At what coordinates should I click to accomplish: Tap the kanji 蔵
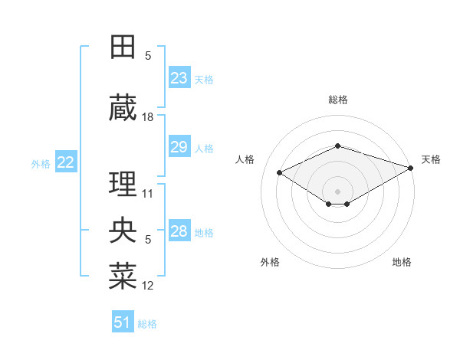[123, 108]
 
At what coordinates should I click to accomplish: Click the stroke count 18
[148, 117]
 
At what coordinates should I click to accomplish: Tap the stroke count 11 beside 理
[148, 193]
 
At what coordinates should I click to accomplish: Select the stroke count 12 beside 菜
[148, 286]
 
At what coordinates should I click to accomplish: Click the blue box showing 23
[179, 78]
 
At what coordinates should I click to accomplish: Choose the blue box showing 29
[179, 147]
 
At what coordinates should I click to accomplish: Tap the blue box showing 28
[179, 231]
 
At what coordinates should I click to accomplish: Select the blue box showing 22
[65, 162]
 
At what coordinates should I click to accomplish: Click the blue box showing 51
[122, 322]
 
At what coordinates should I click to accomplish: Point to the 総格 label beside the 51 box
[147, 324]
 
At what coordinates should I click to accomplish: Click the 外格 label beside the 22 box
[41, 163]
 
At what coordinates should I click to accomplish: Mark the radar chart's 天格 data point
[412, 168]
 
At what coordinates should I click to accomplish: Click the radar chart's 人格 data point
[279, 172]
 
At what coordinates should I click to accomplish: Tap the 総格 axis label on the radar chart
[337, 100]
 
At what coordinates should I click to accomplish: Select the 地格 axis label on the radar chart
[402, 262]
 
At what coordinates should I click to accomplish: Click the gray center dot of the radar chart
[337, 190]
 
